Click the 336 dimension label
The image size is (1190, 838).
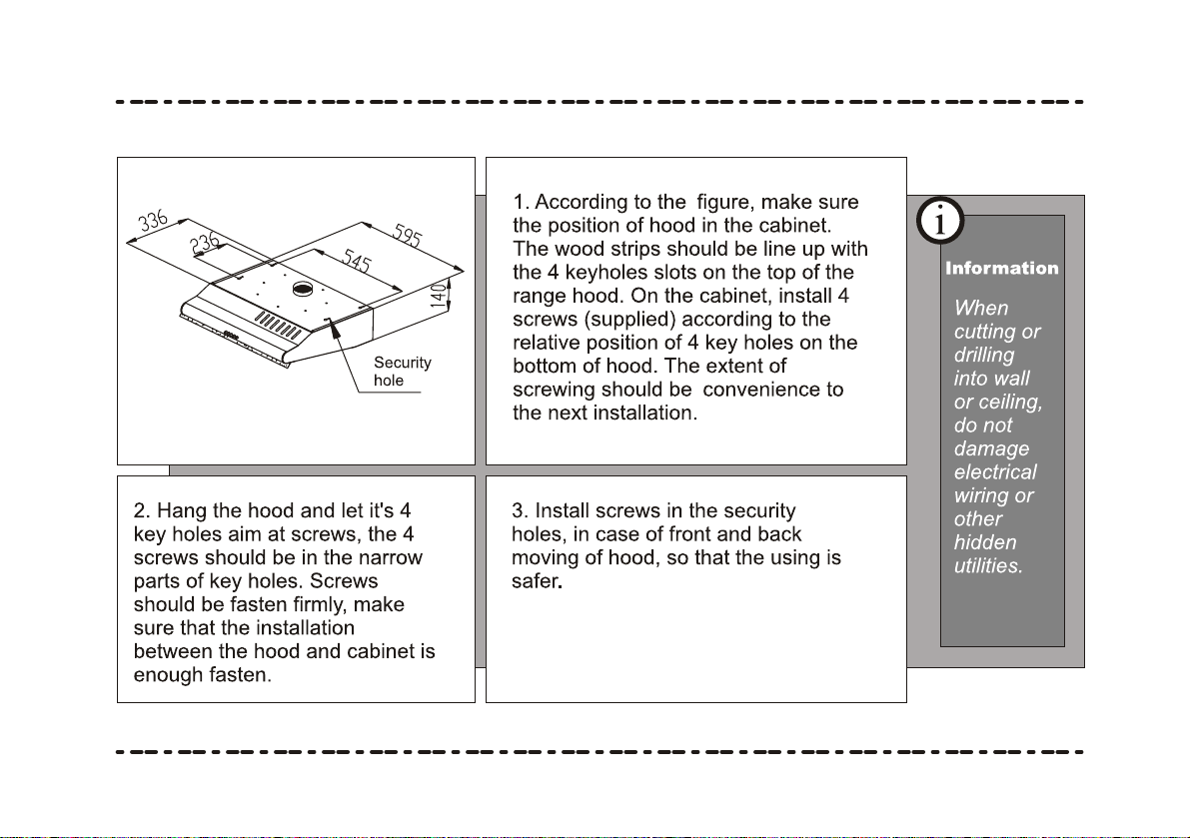tap(153, 221)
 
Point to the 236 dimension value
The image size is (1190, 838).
tap(204, 244)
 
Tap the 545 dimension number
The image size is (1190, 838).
tap(357, 260)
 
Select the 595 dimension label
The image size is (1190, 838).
tap(408, 235)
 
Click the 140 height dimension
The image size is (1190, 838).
tap(438, 295)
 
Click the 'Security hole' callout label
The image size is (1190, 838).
tap(403, 372)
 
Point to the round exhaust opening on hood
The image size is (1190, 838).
tap(303, 289)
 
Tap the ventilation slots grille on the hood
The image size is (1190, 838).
tap(277, 325)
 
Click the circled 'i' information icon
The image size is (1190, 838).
tap(940, 222)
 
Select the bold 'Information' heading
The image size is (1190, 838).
tap(1002, 268)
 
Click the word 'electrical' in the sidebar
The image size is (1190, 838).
tap(995, 471)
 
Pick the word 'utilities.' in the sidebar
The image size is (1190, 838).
tap(989, 565)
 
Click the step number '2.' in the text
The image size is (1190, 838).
tap(142, 510)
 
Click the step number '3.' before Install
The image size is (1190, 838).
tap(520, 510)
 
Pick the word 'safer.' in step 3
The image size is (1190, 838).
tap(537, 581)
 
